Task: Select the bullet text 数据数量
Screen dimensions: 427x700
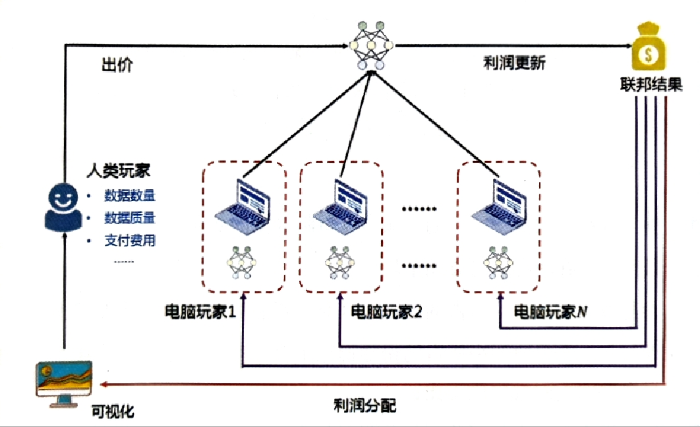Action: (130, 196)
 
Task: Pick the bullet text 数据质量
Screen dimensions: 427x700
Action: (130, 218)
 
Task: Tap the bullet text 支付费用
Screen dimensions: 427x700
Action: (130, 241)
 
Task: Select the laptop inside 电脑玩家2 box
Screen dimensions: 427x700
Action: (340, 204)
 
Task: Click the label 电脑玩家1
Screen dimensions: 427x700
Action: (200, 311)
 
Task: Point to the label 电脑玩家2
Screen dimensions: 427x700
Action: (386, 311)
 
